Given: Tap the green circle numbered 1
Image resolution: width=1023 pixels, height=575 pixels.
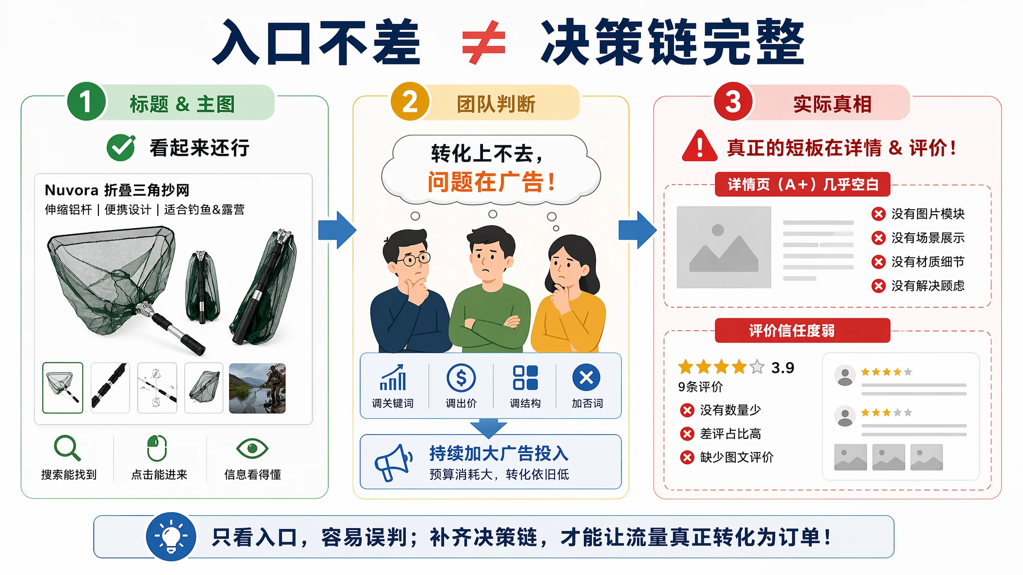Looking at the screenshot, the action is click(x=86, y=101).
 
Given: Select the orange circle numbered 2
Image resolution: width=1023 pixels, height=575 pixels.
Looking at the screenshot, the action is click(x=410, y=101).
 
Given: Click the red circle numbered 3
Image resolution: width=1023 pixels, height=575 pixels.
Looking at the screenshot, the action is click(x=733, y=101).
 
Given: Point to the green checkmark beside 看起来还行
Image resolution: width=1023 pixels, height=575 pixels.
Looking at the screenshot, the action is click(x=121, y=147).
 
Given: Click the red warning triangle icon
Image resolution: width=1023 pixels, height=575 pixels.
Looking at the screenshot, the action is click(x=700, y=146).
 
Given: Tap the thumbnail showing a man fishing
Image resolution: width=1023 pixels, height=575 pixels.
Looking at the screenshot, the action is click(x=257, y=388).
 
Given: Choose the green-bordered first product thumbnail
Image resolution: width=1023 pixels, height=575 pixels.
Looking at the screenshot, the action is click(x=63, y=388).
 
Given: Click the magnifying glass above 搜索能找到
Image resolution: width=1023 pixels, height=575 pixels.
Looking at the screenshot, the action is click(x=67, y=448).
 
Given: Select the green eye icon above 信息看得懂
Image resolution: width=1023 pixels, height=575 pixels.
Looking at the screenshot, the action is click(x=252, y=448).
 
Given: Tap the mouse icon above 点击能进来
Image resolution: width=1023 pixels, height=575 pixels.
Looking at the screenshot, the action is click(x=157, y=448).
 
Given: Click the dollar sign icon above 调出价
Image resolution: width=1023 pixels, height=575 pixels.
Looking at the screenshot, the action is click(x=461, y=378).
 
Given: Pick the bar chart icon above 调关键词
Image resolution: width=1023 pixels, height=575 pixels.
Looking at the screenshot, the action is click(x=393, y=377).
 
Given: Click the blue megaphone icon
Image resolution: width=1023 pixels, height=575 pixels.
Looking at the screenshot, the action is click(x=394, y=463).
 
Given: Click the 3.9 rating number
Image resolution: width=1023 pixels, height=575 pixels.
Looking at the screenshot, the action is click(x=783, y=368).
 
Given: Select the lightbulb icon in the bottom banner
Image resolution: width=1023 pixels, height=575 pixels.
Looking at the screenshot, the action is click(x=171, y=537).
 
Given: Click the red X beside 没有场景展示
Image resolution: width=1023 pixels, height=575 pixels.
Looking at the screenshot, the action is click(x=878, y=238).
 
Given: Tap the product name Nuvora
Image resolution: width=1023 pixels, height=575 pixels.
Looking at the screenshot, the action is click(x=71, y=190).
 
